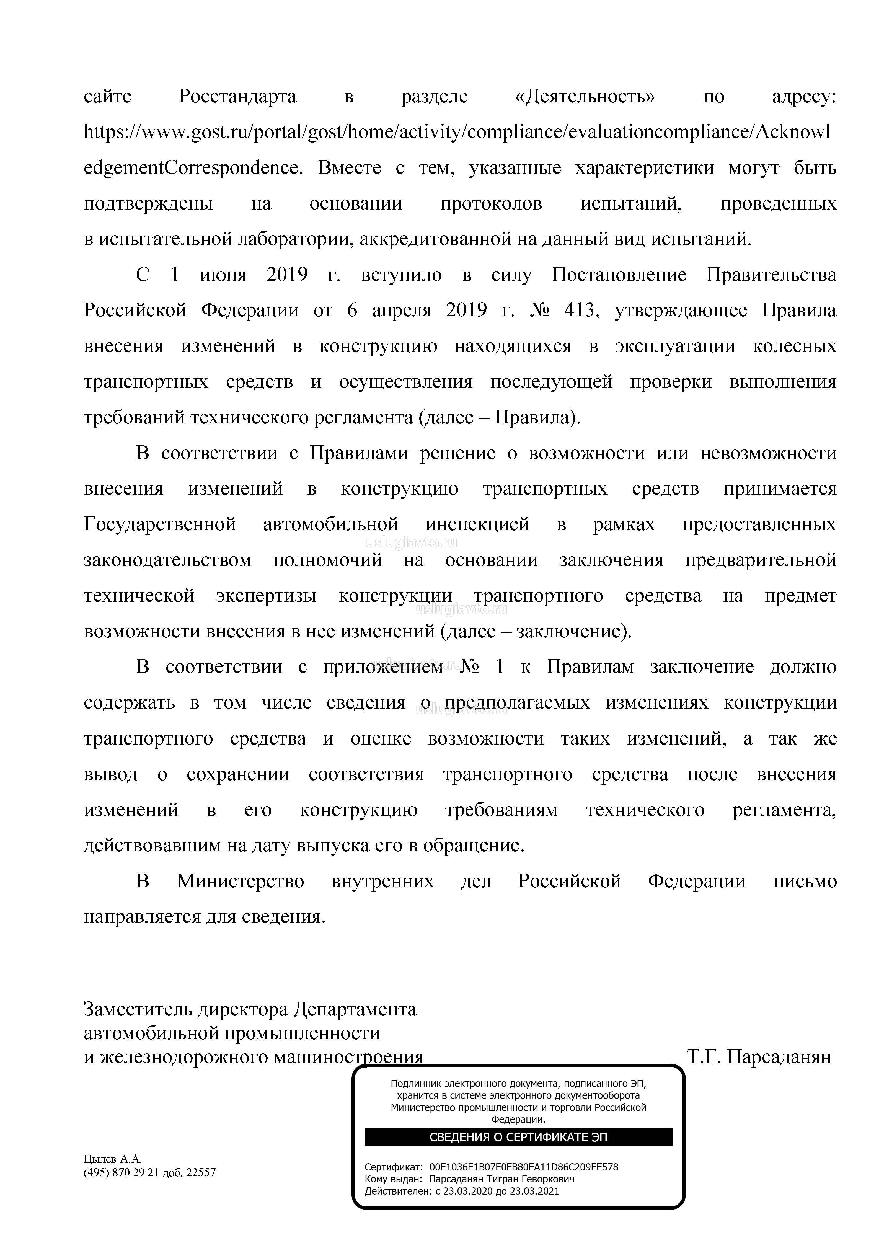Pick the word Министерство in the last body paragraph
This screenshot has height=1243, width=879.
click(x=240, y=881)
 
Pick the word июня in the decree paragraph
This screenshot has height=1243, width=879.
click(x=223, y=275)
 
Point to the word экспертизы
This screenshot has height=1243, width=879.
click(x=266, y=596)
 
